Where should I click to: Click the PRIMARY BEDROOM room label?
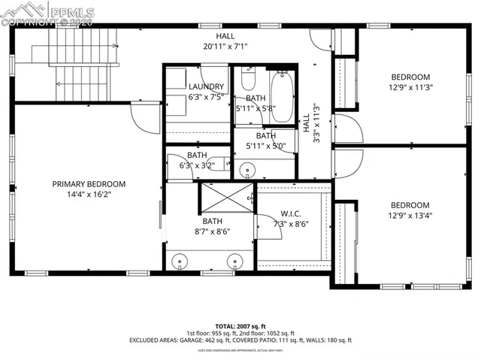click(x=89, y=183)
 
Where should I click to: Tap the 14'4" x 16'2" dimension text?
click(x=89, y=195)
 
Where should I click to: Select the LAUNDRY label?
click(x=205, y=87)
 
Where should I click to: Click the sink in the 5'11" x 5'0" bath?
click(x=247, y=171)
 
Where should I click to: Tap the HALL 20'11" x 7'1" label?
click(x=225, y=41)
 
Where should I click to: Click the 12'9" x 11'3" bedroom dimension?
click(x=410, y=87)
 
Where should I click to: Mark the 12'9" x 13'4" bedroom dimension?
click(x=410, y=216)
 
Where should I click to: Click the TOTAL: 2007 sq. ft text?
click(x=240, y=325)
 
